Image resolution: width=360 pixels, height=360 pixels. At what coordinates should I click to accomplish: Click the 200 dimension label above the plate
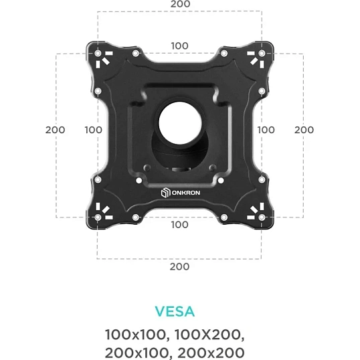click(180, 4)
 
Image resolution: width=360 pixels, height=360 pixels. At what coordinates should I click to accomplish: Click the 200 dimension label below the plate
click(179, 266)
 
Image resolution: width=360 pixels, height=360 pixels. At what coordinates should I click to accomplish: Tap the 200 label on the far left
click(55, 130)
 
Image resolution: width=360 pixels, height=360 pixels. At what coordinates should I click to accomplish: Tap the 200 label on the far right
click(304, 130)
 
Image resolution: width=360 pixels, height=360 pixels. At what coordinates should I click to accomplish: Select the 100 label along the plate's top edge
click(180, 46)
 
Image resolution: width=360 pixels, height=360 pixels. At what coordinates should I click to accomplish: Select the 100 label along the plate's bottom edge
click(180, 225)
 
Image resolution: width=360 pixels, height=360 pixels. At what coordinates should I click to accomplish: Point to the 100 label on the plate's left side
click(94, 130)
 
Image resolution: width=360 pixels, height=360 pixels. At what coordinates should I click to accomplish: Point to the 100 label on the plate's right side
click(266, 130)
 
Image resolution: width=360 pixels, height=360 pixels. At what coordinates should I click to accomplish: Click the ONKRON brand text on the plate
click(186, 193)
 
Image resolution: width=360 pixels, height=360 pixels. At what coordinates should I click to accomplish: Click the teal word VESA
click(175, 312)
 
